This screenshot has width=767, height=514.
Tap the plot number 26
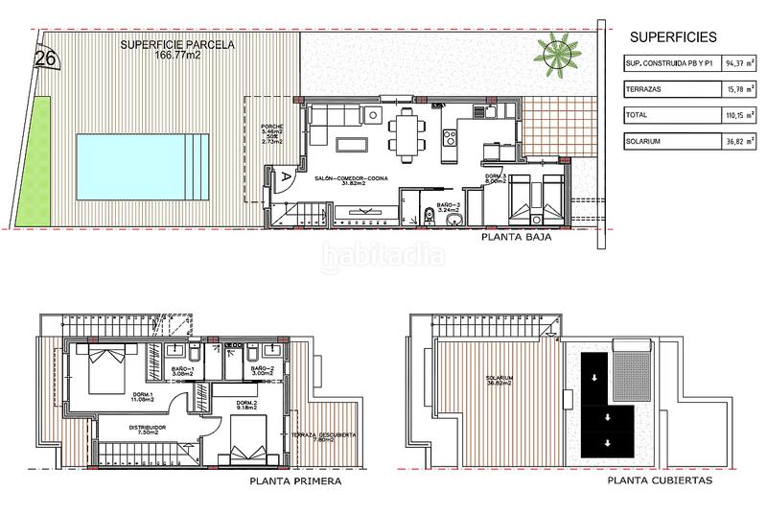(44, 58)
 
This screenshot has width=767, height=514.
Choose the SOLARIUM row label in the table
(645, 141)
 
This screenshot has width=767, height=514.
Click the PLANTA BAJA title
(516, 242)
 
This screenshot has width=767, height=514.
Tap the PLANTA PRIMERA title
(293, 482)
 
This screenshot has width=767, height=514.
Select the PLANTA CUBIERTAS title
(660, 482)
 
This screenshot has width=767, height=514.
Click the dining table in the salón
(407, 131)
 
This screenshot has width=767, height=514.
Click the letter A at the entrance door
(286, 175)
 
